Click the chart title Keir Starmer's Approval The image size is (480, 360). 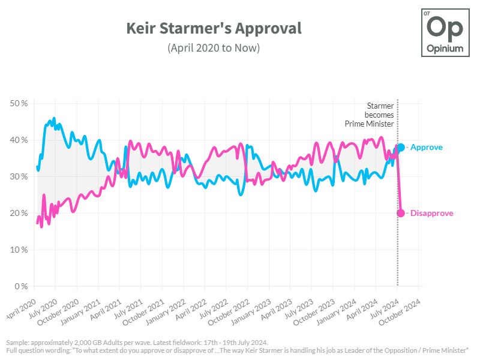[214, 28]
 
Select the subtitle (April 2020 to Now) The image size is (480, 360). [214, 48]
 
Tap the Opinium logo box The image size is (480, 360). [446, 33]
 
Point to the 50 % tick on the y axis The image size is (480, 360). [20, 104]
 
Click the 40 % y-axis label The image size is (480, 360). [20, 140]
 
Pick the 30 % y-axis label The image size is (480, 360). [20, 177]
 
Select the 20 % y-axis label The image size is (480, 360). [20, 213]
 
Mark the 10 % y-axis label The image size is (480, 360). [20, 250]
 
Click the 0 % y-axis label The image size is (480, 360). [22, 286]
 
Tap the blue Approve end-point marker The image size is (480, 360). [401, 147]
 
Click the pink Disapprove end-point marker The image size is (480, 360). [401, 213]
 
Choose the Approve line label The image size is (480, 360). [426, 147]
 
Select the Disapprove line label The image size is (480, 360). [431, 213]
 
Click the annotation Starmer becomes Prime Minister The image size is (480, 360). [370, 115]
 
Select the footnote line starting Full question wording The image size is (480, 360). [237, 350]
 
